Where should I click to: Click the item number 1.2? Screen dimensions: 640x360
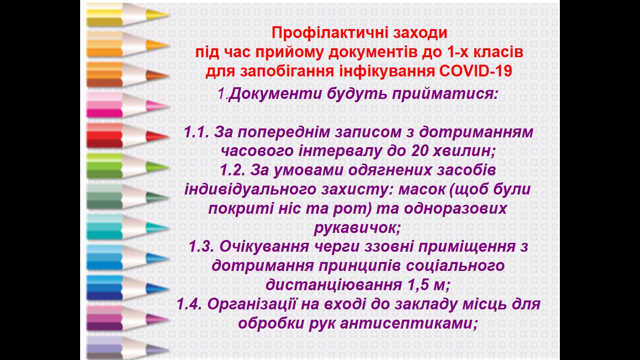[232, 170]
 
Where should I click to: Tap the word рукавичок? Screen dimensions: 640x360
[357, 228]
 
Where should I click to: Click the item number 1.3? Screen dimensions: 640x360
[201, 247]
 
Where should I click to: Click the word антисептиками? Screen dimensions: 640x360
[409, 323]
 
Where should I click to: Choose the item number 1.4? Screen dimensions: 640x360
[189, 304]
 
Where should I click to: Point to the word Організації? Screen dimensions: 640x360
[252, 305]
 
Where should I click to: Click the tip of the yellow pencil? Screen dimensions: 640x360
[169, 15]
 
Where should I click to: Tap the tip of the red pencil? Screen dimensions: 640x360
[169, 136]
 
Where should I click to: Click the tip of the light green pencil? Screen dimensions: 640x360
[169, 167]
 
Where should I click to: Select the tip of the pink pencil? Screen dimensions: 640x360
[169, 106]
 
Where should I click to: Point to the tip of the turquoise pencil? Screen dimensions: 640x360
[169, 228]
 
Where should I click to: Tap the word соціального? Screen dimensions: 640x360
[455, 266]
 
